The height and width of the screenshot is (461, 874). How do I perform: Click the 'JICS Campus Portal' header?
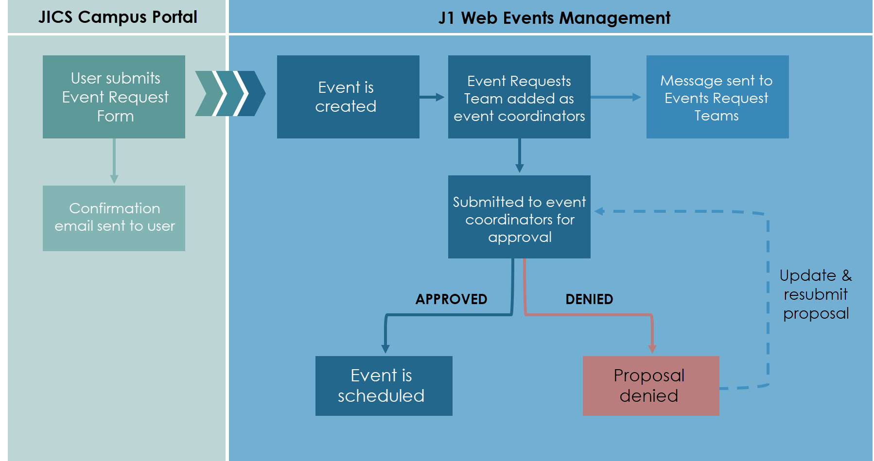118,17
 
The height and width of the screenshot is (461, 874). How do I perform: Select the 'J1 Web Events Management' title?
554,18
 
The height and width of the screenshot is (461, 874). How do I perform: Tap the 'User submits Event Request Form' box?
114,97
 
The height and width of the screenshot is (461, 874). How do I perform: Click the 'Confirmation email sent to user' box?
114,218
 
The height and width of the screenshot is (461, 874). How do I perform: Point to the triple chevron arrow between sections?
230,93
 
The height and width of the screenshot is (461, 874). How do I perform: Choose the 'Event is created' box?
348,97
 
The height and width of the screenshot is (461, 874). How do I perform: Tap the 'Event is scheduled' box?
384,386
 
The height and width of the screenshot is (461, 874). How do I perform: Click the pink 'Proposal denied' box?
651,386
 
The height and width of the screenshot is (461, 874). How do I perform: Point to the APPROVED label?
451,299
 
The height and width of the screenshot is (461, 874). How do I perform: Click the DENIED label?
589,299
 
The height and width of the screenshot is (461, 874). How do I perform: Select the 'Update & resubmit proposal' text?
816,294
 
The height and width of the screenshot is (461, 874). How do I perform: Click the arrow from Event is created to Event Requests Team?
432,97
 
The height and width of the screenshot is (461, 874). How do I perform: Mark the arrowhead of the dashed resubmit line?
599,211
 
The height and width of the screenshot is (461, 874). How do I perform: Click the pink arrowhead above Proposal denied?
652,349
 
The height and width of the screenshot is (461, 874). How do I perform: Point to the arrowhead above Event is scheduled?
385,349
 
